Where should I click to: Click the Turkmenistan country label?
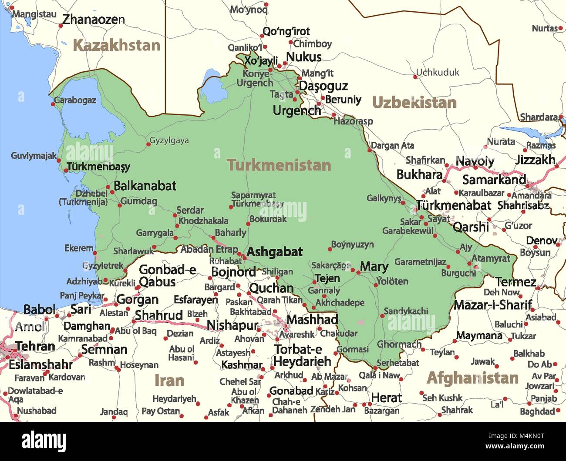279,165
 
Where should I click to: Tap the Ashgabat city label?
274,252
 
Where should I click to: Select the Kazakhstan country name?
116,45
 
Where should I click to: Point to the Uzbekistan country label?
414,103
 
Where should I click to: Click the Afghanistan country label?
472,378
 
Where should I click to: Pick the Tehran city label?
35,347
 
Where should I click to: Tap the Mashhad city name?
312,320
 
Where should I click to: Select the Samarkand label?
494,180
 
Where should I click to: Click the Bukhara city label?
419,174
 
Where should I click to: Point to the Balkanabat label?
145,186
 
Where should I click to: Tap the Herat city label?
386,398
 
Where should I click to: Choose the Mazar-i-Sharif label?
492,305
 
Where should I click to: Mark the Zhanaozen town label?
93,20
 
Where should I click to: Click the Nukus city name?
303,57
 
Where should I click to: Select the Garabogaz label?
75,100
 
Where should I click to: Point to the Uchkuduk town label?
438,73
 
